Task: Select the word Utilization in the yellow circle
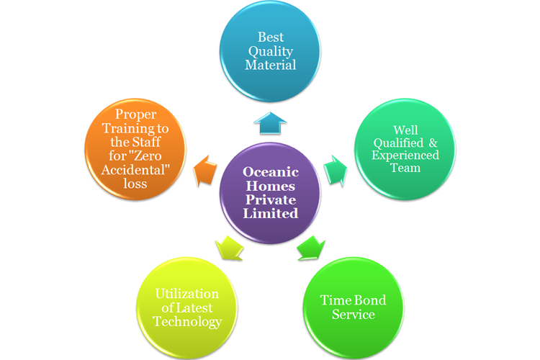point(187,294)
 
